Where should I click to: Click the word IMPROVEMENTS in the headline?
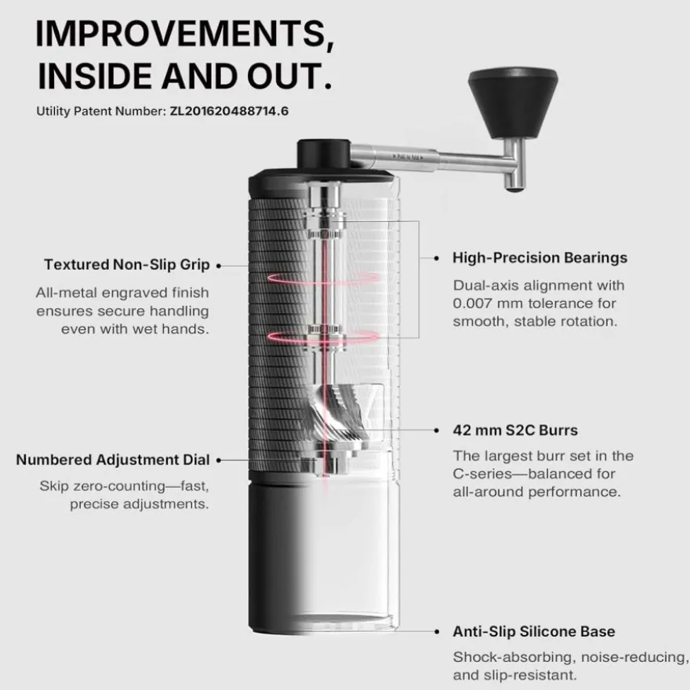click(185, 34)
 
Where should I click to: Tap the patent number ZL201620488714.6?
click(229, 111)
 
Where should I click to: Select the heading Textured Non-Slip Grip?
click(127, 264)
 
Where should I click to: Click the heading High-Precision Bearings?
click(540, 258)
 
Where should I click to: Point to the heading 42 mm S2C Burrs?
click(515, 430)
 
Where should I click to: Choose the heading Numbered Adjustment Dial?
click(113, 459)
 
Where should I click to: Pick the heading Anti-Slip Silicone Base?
click(534, 631)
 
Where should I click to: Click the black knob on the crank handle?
click(513, 102)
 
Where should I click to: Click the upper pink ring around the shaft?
click(323, 278)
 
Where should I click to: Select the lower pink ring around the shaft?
click(323, 336)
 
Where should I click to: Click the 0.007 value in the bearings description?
click(472, 303)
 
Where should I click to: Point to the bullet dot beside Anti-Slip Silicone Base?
click(437, 631)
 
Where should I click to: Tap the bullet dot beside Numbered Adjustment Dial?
click(219, 460)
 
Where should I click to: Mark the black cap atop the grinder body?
click(324, 154)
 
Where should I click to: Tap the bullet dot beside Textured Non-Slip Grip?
click(219, 266)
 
